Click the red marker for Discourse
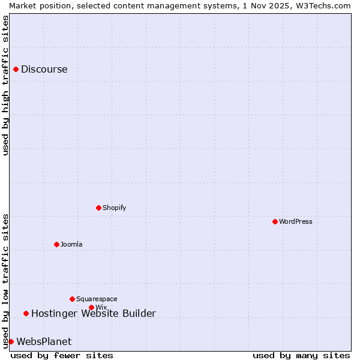click(x=16, y=69)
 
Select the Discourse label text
click(x=44, y=69)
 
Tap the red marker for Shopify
click(x=98, y=208)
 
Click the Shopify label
click(x=114, y=208)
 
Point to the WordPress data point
click(x=275, y=221)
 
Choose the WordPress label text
click(x=295, y=221)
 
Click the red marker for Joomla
click(x=56, y=244)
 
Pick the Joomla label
click(x=71, y=244)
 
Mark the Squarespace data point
click(x=72, y=299)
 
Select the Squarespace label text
click(x=97, y=299)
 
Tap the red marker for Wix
click(x=91, y=307)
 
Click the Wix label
click(x=101, y=308)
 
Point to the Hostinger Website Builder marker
click(x=26, y=313)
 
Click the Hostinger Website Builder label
click(x=93, y=313)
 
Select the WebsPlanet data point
click(x=11, y=341)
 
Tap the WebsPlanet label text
click(x=44, y=341)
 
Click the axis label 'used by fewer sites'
click(x=62, y=355)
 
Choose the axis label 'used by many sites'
click(x=301, y=355)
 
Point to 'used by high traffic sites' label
click(x=5, y=85)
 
